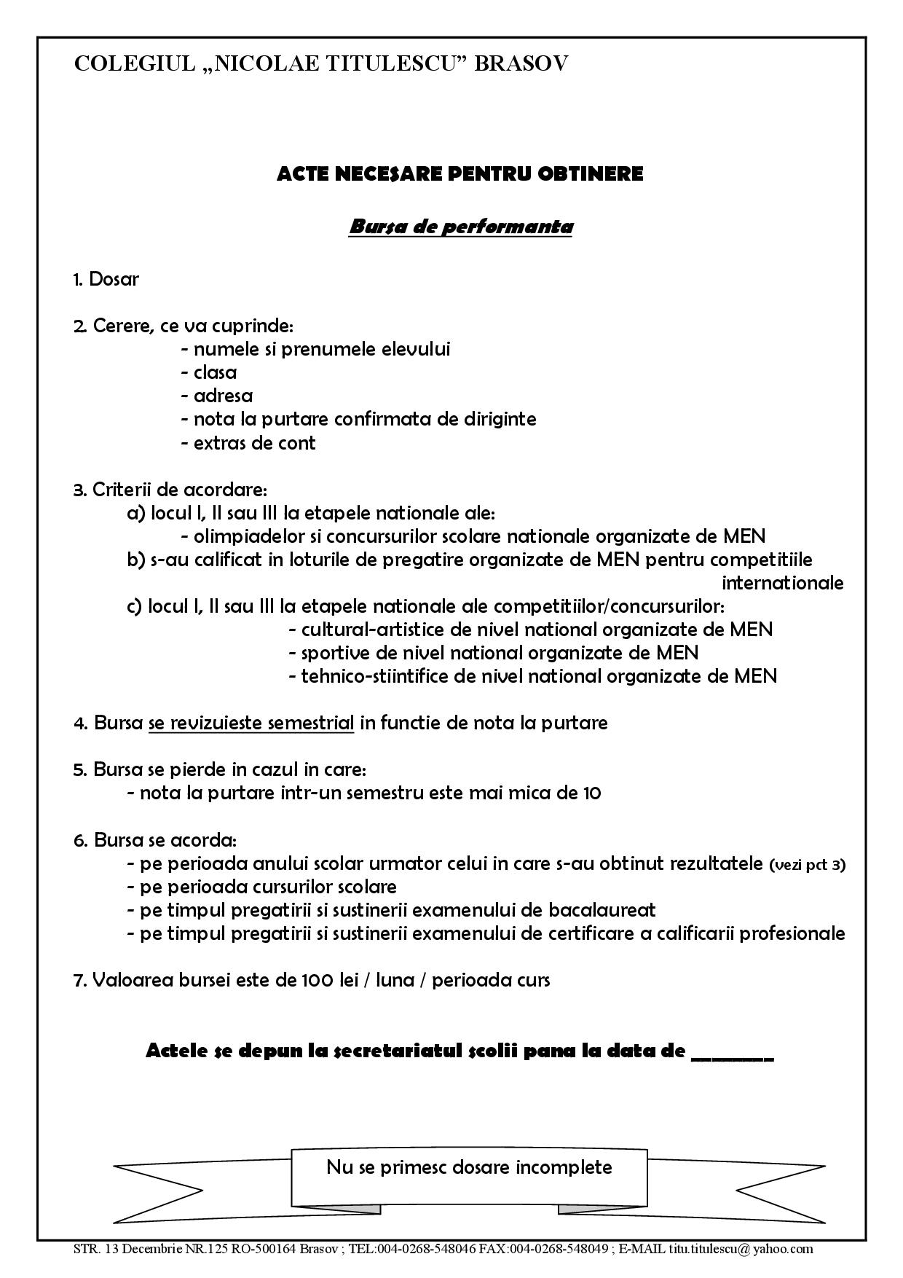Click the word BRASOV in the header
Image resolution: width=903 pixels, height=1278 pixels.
coord(521,64)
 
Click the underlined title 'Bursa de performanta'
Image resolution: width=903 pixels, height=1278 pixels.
coord(461,227)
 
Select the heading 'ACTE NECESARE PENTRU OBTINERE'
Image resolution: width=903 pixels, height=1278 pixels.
coord(460,174)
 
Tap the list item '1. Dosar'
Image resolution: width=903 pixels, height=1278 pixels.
coord(106,279)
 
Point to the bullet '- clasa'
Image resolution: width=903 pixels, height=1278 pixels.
coord(209,372)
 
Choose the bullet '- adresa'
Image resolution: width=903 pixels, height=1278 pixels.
coord(217,396)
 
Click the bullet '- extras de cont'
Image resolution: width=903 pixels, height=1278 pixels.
coord(248,443)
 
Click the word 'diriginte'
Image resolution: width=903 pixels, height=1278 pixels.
coord(500,419)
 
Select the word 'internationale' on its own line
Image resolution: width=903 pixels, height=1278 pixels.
coord(782,583)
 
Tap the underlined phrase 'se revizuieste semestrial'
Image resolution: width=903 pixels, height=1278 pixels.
coord(251,723)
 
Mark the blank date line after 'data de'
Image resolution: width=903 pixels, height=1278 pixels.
coord(731,1053)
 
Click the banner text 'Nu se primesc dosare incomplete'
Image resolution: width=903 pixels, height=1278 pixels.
coord(469,1167)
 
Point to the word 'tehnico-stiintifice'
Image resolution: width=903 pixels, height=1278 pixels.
coord(375,676)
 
